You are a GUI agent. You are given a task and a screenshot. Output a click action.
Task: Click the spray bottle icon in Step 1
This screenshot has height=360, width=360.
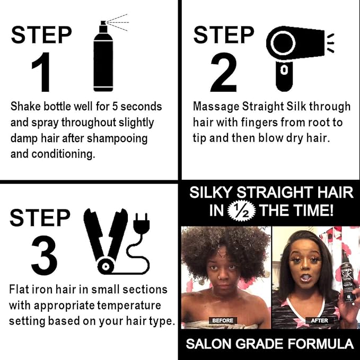103,58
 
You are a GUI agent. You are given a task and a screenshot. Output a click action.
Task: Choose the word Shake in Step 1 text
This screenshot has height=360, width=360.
26,107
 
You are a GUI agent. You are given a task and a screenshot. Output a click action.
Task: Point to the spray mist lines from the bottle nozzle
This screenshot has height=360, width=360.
118,22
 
